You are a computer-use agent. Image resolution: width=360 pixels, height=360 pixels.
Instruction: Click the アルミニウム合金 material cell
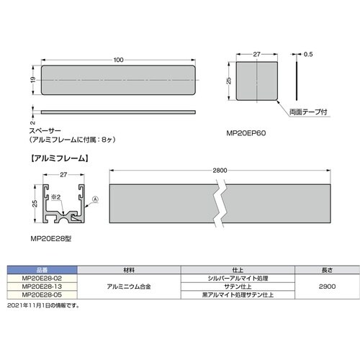point(127,286)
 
